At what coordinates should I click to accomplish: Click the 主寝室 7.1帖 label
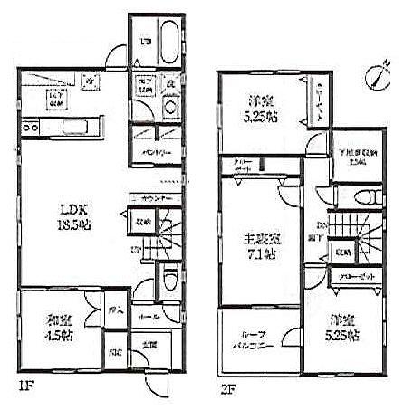pos(258,245)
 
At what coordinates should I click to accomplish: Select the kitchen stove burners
pos(30,128)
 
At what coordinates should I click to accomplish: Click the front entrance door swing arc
pos(157,378)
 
